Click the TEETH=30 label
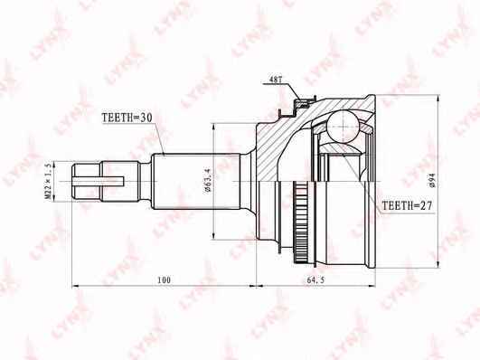[127, 118]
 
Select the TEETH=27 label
[408, 206]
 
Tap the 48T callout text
[275, 79]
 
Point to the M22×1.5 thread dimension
[49, 181]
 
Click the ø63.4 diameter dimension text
[208, 181]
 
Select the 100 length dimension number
[165, 279]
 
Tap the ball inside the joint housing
[343, 126]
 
